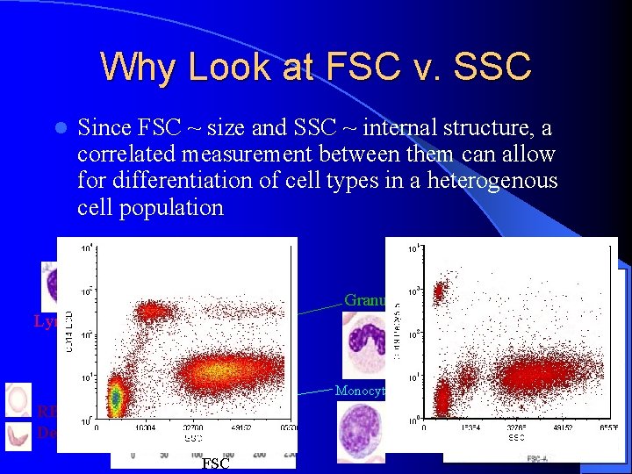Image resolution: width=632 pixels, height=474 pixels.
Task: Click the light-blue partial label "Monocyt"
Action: click(359, 391)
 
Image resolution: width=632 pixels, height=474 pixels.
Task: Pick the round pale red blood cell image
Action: click(18, 399)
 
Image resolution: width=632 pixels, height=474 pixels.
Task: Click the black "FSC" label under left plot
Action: click(216, 463)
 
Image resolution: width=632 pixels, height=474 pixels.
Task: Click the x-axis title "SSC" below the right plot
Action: click(516, 436)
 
